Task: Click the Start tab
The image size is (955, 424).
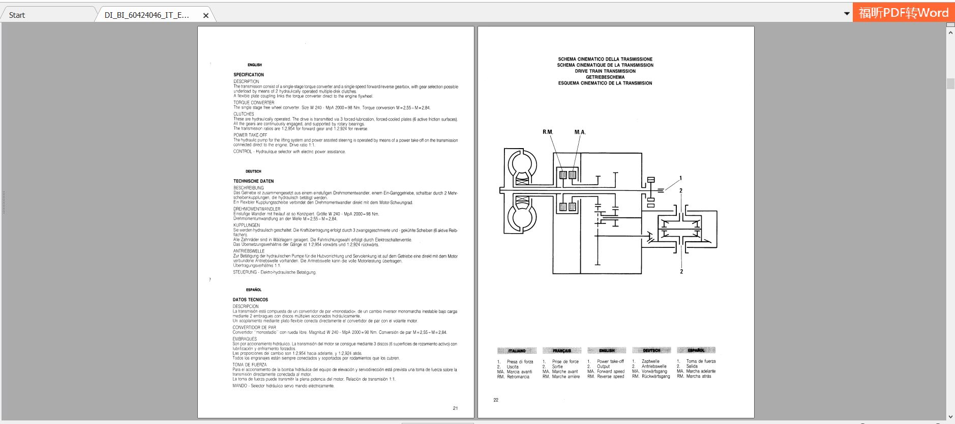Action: coord(17,15)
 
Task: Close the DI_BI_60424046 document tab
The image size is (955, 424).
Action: coord(206,15)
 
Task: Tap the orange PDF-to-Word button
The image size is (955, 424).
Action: coord(903,13)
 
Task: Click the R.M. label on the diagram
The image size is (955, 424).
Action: coord(547,132)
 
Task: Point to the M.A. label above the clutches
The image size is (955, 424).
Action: coord(580,132)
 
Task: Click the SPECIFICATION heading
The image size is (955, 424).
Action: coord(249,75)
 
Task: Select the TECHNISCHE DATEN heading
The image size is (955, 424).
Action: coord(253,181)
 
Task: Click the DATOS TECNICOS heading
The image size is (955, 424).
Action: coord(250,300)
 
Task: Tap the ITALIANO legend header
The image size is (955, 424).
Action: coord(517,351)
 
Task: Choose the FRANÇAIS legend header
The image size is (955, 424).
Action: coord(561,351)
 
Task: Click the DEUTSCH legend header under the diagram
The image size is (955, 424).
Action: coord(651,351)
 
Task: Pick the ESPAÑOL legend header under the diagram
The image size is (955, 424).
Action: coord(696,350)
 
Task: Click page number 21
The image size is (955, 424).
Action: coord(455,408)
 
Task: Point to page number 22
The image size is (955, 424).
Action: coord(496,400)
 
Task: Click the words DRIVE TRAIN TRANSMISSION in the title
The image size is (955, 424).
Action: coord(605,71)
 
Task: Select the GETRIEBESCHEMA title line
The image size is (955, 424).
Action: coord(605,77)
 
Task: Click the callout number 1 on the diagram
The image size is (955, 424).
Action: coord(680,178)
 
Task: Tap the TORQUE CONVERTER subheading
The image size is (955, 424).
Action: coord(254,103)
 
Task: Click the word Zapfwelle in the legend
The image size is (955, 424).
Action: coord(650,361)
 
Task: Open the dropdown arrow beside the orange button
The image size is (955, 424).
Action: coord(847,13)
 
